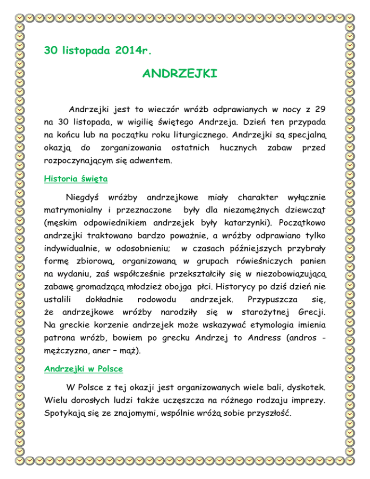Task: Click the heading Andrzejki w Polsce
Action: click(83, 369)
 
